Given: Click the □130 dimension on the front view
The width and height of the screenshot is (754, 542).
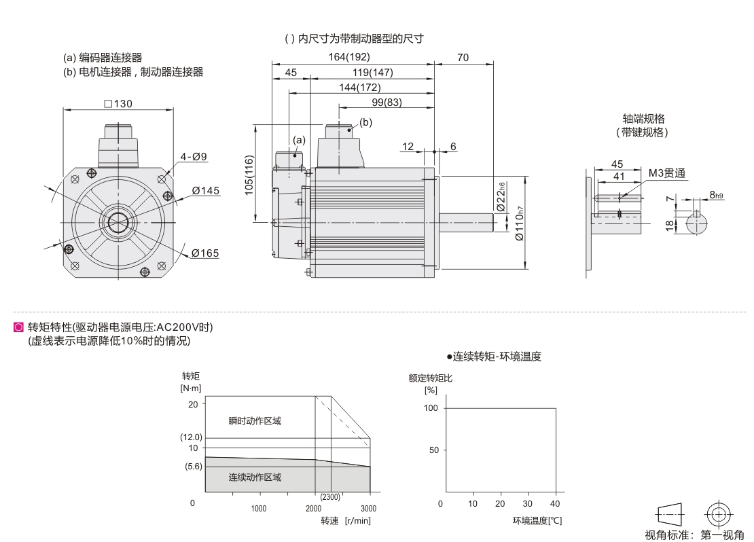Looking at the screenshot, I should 118,104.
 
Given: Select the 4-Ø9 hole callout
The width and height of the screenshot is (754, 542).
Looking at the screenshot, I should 194,157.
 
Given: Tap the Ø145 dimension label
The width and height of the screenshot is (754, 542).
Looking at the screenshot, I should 206,191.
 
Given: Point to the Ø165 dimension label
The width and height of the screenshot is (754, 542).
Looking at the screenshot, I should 205,253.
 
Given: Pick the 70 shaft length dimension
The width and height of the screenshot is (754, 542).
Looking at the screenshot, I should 463,58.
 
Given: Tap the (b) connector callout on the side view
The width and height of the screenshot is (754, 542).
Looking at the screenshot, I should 366,123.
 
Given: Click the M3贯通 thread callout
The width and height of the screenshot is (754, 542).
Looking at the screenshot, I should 666,174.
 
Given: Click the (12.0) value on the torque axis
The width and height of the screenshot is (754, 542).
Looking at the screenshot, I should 191,437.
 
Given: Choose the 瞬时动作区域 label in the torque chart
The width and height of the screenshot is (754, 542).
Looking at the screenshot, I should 255,421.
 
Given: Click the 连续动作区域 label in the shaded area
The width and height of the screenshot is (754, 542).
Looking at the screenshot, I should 255,477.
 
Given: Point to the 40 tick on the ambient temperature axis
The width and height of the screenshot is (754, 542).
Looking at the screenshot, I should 556,504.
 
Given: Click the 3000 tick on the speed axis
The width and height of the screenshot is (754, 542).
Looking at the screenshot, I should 368,508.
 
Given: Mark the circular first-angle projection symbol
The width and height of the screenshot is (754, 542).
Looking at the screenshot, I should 718,514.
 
